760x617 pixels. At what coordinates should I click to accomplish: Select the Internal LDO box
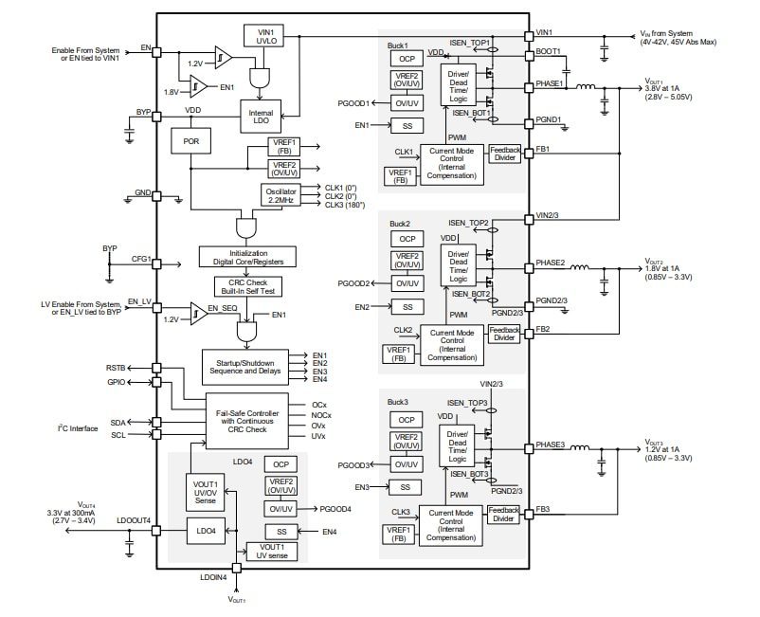pyautogui.click(x=261, y=118)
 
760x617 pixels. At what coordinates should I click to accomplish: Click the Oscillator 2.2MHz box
pyautogui.click(x=281, y=196)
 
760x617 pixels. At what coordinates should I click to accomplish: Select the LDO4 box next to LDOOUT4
pyautogui.click(x=206, y=531)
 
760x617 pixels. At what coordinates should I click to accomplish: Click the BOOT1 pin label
pyautogui.click(x=549, y=51)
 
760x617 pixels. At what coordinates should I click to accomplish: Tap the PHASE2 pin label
pyautogui.click(x=551, y=263)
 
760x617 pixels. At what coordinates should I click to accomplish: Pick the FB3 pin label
pyautogui.click(x=542, y=509)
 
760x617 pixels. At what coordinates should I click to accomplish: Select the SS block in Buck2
pyautogui.click(x=407, y=307)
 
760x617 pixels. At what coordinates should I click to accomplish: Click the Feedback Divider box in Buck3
pyautogui.click(x=503, y=514)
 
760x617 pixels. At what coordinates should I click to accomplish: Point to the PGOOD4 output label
pyautogui.click(x=336, y=509)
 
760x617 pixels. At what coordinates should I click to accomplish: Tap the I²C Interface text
pyautogui.click(x=77, y=428)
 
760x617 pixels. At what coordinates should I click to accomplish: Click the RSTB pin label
pyautogui.click(x=115, y=366)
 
